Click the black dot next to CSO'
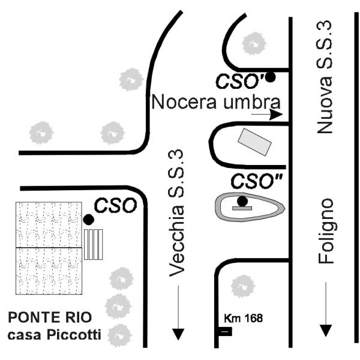(x=271, y=77)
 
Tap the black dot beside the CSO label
(x=88, y=220)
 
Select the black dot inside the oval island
(x=242, y=201)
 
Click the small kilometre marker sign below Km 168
(x=226, y=331)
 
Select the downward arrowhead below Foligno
(x=326, y=329)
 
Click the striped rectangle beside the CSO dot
(x=94, y=244)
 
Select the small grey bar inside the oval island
(x=242, y=208)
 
